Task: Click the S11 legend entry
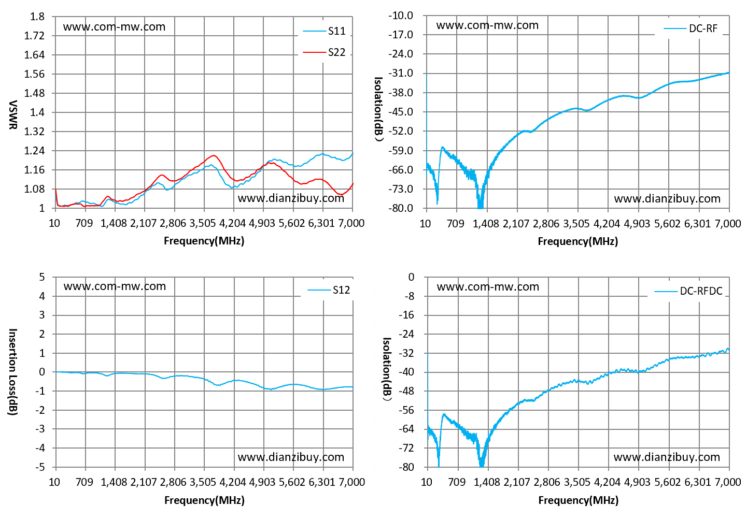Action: pos(324,31)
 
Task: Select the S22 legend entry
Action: pos(324,52)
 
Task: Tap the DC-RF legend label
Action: pos(690,28)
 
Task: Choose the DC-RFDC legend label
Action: pos(688,291)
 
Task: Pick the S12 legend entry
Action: pos(329,290)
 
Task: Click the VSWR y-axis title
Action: pos(12,114)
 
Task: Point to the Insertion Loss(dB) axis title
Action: pos(12,372)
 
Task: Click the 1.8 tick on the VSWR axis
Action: pos(37,17)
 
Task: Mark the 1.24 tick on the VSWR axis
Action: pos(34,151)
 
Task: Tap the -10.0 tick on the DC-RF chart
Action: pos(401,16)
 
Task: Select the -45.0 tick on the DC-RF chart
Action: pos(401,112)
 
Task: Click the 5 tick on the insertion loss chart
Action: pos(41,277)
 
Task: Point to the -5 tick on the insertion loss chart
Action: pos(40,467)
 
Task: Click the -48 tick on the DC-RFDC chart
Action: pos(406,391)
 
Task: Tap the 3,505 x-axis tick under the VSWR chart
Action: pos(203,223)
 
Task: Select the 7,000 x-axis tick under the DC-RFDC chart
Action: pos(728,482)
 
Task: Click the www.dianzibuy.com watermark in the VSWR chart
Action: pos(291,198)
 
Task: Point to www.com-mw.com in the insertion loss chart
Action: pos(115,286)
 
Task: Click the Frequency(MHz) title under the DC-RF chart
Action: pos(578,241)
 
